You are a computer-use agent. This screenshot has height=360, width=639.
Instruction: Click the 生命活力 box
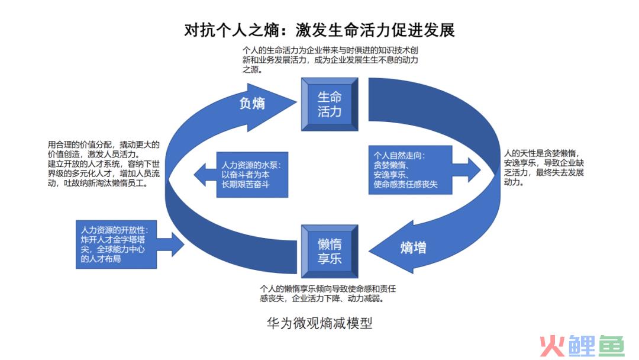click(x=330, y=104)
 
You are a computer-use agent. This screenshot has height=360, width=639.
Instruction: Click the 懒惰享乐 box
click(x=330, y=251)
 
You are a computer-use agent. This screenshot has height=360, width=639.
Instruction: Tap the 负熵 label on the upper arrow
click(x=252, y=103)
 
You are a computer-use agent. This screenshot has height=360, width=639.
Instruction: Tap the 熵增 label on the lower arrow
click(x=413, y=247)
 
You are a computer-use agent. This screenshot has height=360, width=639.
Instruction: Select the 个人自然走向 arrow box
click(x=411, y=171)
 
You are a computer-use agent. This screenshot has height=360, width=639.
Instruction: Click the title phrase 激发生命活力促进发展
click(x=375, y=30)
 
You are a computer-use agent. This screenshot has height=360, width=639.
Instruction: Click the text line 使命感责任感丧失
click(x=405, y=185)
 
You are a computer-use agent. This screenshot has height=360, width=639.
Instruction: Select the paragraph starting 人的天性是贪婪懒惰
click(x=543, y=167)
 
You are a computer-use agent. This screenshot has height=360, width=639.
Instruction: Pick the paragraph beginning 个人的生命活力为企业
click(x=322, y=59)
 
